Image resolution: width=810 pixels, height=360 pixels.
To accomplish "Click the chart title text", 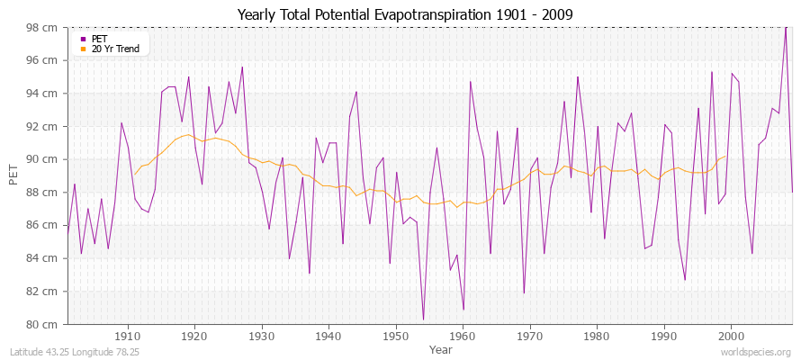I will pyautogui.click(x=404, y=14).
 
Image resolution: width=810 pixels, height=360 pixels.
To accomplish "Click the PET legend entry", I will pyautogui.click(x=98, y=39).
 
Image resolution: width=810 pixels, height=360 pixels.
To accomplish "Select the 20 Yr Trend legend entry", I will pyautogui.click(x=115, y=49).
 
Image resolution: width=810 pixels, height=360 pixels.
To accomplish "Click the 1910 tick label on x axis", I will pyautogui.click(x=128, y=335).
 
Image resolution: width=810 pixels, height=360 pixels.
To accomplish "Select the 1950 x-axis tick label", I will pyautogui.click(x=396, y=335).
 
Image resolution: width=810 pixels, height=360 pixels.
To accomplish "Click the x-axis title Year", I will pyautogui.click(x=441, y=348).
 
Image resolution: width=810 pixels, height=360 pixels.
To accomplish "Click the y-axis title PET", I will pyautogui.click(x=13, y=175).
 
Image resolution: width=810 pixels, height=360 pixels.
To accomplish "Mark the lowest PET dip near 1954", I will pyautogui.click(x=423, y=319).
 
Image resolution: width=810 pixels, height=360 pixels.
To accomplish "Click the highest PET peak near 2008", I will pyautogui.click(x=785, y=27).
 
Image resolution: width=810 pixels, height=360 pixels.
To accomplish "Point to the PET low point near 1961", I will pyautogui.click(x=463, y=310).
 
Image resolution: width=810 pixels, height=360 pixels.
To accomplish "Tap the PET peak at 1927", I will pyautogui.click(x=242, y=67).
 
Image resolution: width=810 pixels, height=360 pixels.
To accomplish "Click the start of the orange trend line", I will pyautogui.click(x=134, y=174).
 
